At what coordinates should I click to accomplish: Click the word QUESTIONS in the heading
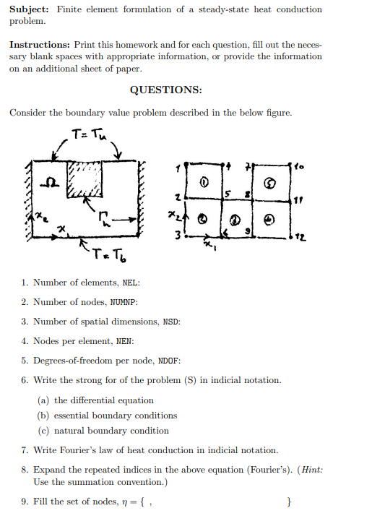[165, 90]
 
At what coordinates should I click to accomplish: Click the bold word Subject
[29, 9]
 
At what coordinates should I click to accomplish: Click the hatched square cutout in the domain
[84, 177]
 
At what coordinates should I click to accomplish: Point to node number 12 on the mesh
[300, 236]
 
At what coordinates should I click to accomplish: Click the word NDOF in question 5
[169, 361]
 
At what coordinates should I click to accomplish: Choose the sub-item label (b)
[43, 416]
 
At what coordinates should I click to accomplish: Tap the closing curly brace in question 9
[289, 501]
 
